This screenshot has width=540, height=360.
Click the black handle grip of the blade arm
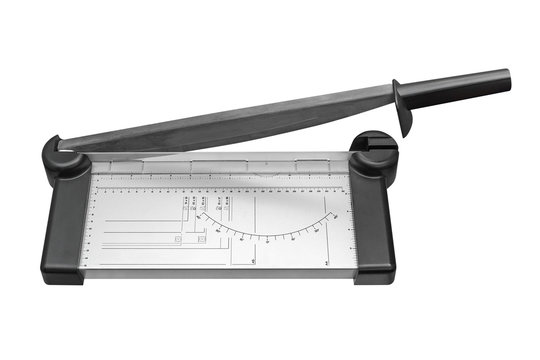(460, 84)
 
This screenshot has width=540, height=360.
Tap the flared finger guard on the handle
(403, 107)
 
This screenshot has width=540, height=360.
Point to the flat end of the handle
(507, 78)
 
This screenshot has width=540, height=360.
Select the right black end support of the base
(371, 220)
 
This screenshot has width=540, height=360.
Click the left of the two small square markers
(178, 239)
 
